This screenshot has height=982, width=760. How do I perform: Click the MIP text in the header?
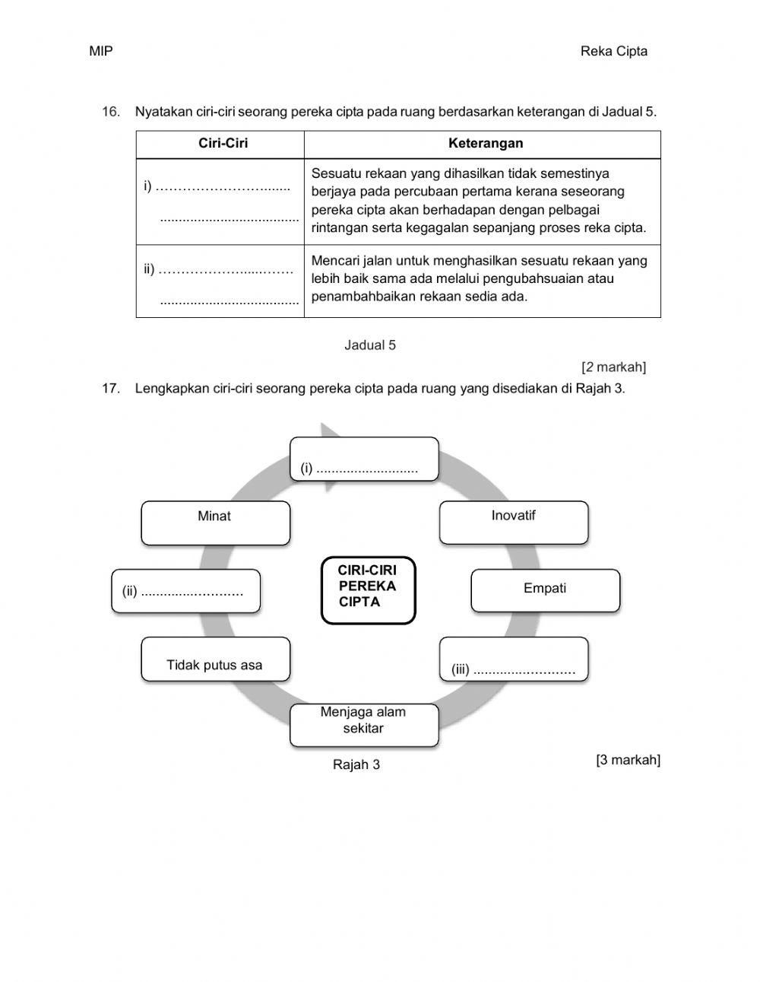(100, 52)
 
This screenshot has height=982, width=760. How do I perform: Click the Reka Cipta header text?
(613, 52)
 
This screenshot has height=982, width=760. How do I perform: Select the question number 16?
(111, 112)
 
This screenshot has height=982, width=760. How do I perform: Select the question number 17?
(111, 389)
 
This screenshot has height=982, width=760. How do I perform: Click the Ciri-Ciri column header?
(223, 144)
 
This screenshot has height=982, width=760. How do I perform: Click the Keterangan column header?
(485, 144)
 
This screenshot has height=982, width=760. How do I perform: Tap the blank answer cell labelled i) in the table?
(220, 202)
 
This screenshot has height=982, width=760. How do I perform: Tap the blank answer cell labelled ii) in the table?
(220, 281)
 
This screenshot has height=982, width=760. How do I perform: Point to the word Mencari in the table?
(335, 261)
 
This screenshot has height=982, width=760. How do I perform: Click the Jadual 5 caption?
(370, 345)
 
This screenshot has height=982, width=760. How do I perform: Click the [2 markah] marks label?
(613, 367)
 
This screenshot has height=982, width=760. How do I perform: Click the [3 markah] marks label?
(628, 760)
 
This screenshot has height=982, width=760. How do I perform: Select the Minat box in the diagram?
(215, 523)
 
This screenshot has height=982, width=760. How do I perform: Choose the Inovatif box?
(514, 522)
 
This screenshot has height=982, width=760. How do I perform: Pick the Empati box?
(545, 590)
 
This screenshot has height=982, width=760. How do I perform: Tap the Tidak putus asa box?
(215, 659)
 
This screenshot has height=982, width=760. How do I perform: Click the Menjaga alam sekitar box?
(363, 724)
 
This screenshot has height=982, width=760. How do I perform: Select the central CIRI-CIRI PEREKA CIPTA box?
(368, 590)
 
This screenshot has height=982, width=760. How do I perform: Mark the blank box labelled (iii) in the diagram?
(514, 659)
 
